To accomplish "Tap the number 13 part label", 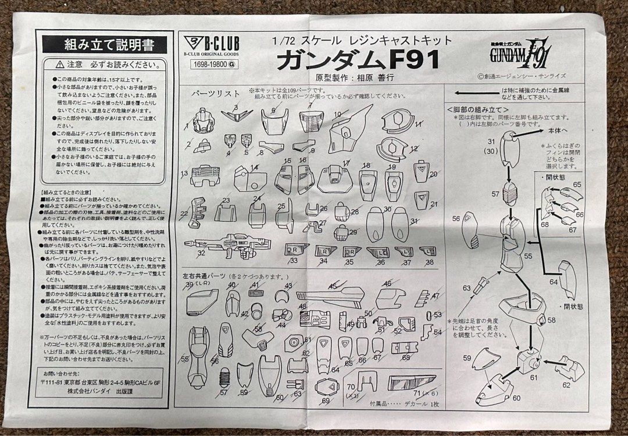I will pos(184,174).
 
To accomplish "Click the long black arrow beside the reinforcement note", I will pos(474,93).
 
